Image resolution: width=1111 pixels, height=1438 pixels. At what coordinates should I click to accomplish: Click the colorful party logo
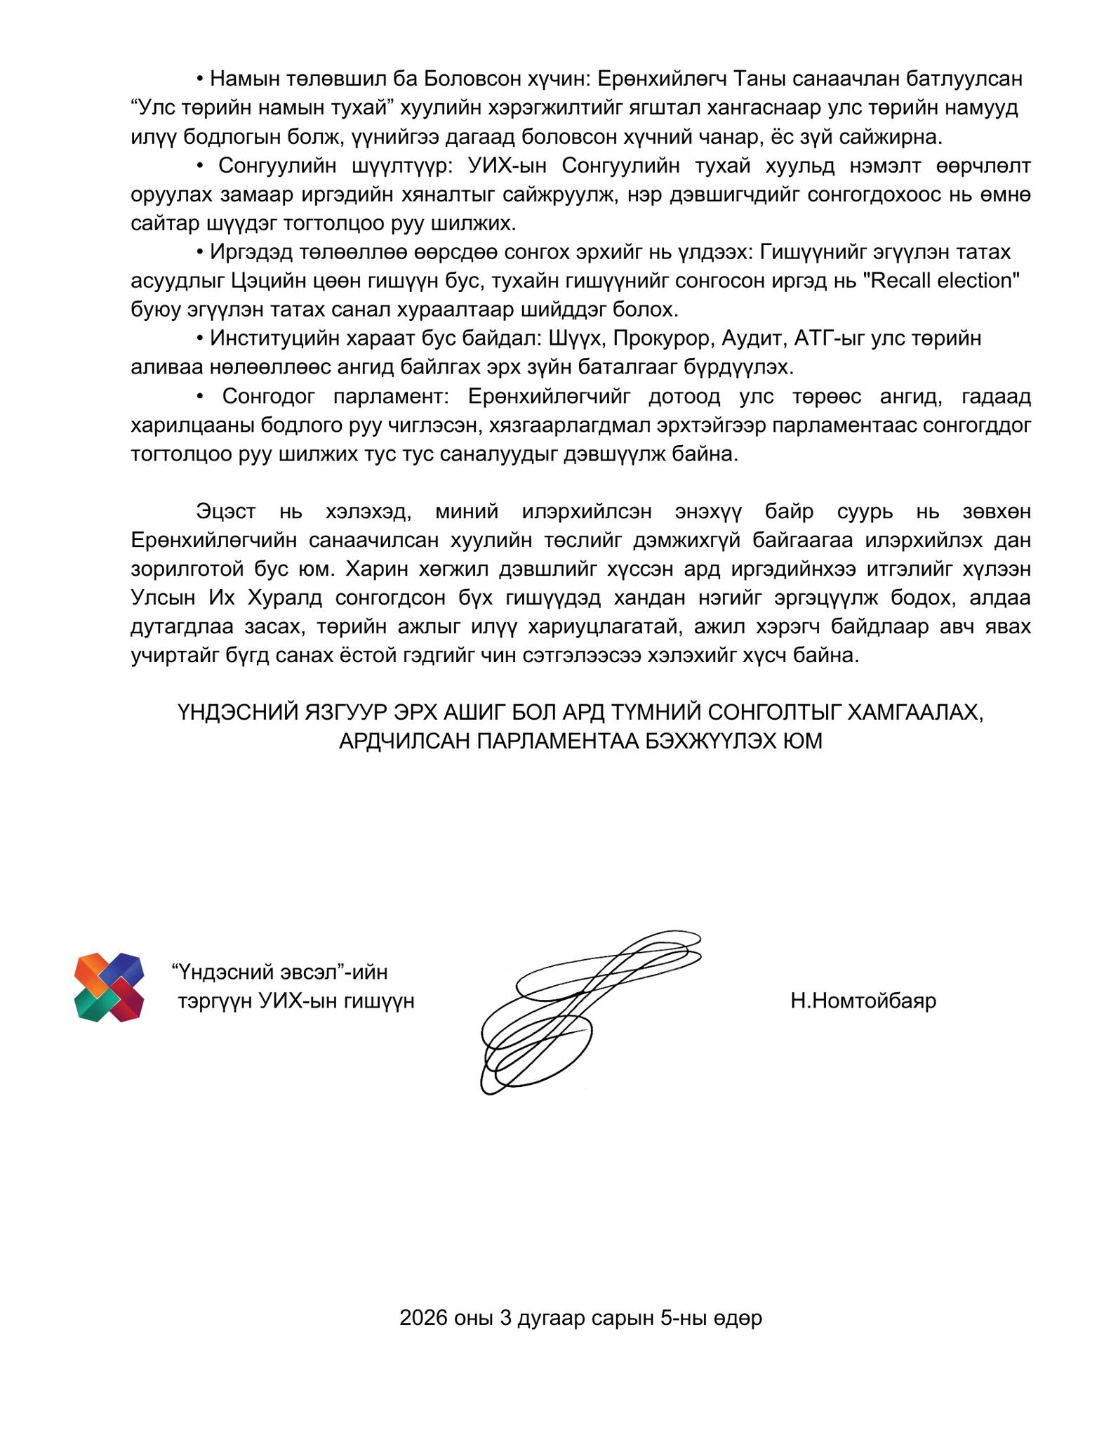tap(109, 987)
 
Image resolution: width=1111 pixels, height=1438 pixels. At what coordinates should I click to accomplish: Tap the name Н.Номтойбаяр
tap(863, 1000)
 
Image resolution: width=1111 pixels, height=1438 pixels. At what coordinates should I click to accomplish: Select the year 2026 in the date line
tap(423, 1318)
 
